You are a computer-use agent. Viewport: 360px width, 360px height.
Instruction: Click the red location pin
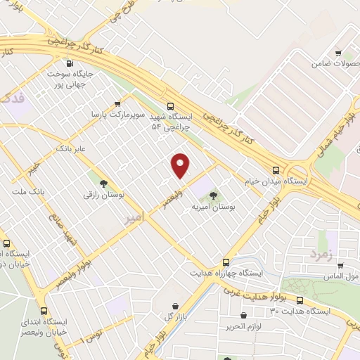click(x=181, y=165)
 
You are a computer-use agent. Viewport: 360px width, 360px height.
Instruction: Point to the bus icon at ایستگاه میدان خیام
click(x=276, y=169)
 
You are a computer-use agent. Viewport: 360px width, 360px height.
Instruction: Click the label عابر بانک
click(x=71, y=149)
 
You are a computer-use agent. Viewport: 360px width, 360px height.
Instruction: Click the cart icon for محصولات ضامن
click(x=338, y=53)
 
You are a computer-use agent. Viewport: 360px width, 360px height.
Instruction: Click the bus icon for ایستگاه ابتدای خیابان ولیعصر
click(x=44, y=311)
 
